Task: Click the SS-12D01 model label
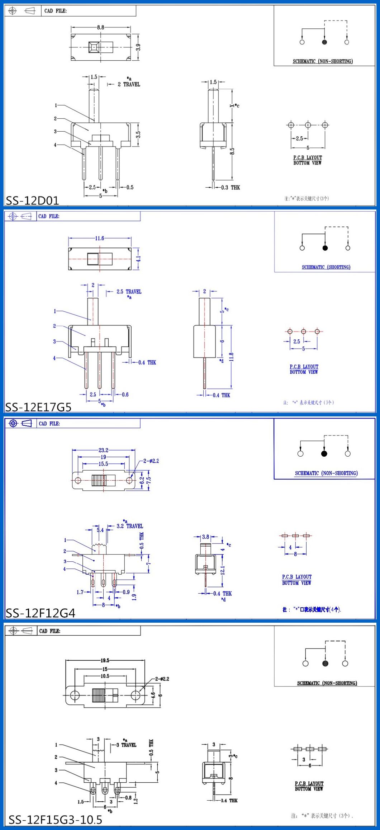(x=32, y=200)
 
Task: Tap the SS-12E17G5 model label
(x=38, y=407)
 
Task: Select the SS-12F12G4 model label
(x=40, y=613)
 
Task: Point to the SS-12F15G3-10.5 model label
(x=55, y=819)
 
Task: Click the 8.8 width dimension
(x=100, y=27)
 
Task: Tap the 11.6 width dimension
(x=100, y=238)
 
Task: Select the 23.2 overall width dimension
(x=103, y=450)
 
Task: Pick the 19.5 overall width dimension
(x=105, y=660)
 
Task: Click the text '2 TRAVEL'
(x=129, y=84)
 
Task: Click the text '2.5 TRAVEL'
(x=129, y=292)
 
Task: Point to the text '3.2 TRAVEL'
(x=130, y=526)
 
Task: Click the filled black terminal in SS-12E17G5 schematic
(x=325, y=248)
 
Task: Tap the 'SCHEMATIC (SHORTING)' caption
(x=326, y=267)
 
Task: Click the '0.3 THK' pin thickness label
(x=231, y=187)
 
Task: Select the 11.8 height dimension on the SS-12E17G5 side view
(x=231, y=357)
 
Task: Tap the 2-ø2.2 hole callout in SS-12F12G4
(x=151, y=461)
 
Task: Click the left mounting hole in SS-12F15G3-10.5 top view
(x=75, y=695)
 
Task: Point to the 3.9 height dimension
(x=138, y=47)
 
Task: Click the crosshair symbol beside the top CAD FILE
(x=13, y=11)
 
